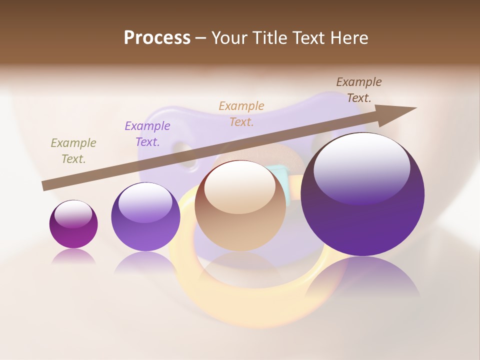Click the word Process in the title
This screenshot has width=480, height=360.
point(157,38)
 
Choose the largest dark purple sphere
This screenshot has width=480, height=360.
point(362,215)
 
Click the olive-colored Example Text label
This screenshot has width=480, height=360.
point(73,151)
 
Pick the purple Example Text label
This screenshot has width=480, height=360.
point(147,134)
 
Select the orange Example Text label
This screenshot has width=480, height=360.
point(241,113)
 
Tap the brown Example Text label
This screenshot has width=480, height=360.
point(359,90)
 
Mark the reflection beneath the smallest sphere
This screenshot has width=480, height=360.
point(73,256)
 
